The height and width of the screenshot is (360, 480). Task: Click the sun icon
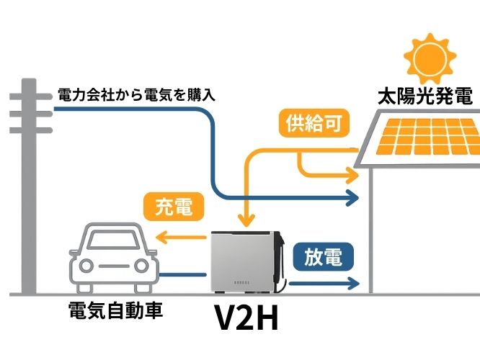point(430,58)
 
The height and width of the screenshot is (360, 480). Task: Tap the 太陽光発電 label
point(425,96)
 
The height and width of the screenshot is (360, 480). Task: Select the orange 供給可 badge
point(314,123)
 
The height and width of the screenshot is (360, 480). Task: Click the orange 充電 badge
point(174,207)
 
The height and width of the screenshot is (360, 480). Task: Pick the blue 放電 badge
point(324,257)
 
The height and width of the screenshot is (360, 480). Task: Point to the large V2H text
point(246,318)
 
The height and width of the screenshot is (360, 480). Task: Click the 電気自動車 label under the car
point(116,310)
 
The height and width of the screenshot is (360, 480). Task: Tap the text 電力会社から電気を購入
point(136,95)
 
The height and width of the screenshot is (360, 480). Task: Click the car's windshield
point(114,240)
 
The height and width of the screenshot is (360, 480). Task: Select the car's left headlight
point(86,265)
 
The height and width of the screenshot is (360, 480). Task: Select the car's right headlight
point(141,265)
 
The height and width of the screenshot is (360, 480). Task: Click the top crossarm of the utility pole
point(31,96)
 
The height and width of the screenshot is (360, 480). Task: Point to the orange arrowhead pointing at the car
point(161,237)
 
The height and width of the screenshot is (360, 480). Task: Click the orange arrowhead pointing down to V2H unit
point(246,220)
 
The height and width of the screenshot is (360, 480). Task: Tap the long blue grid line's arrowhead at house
point(352,197)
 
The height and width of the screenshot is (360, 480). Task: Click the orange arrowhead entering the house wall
point(352,176)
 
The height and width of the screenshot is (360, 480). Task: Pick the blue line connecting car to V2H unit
point(183,274)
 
